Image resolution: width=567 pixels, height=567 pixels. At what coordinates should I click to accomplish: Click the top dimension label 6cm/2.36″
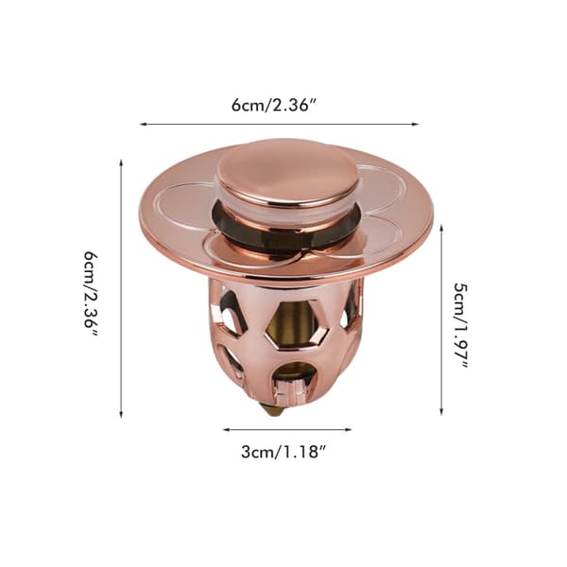coord(274,105)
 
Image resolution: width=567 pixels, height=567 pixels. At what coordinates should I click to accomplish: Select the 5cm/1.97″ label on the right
coord(461,325)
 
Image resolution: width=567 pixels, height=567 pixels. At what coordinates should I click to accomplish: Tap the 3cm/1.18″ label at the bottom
coord(284,452)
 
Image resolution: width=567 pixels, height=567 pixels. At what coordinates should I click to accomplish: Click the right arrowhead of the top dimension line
coord(415,124)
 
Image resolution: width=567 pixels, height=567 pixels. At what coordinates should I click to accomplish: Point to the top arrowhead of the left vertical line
coord(121,162)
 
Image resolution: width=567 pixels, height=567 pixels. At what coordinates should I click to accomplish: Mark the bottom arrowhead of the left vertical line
coord(121,415)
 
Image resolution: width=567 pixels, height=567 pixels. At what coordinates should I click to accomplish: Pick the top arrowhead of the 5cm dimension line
coord(441,229)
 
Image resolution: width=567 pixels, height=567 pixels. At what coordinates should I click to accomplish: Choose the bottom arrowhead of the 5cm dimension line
coord(441,411)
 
